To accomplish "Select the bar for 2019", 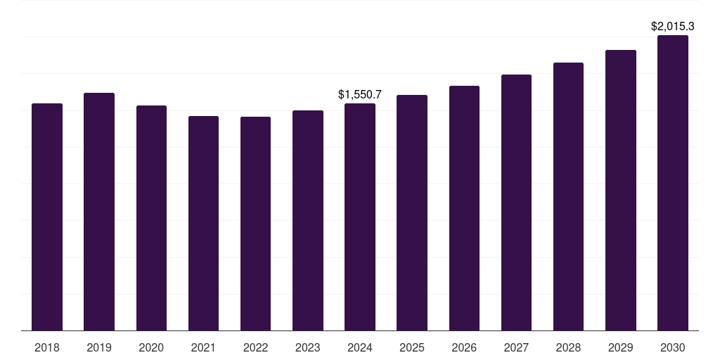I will [x=99, y=211].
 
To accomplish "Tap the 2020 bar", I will [x=151, y=218].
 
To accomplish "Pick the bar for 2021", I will [x=203, y=223].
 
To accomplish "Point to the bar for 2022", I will [x=255, y=224].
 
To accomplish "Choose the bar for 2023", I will [x=307, y=220].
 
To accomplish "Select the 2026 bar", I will [x=464, y=208].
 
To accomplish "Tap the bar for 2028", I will [x=568, y=196].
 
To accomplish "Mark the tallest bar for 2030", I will [x=672, y=183].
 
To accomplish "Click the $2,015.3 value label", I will [x=672, y=27].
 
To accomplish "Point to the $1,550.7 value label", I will [x=359, y=94].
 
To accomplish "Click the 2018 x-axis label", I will [x=47, y=347].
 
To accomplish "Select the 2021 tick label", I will [x=203, y=347].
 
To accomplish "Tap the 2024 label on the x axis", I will [x=359, y=347].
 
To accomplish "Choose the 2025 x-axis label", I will [x=412, y=347].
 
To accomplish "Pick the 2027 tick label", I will [x=516, y=347].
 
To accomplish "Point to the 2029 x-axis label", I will [x=620, y=347].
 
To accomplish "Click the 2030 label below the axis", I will [x=672, y=347].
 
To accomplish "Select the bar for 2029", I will [x=620, y=190].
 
